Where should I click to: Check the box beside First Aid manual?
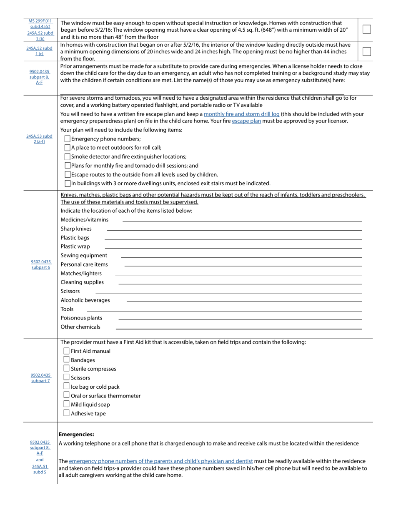(66, 351)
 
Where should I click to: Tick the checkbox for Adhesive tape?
(66, 413)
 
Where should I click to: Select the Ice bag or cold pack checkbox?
(66, 386)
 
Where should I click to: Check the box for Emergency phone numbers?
(68, 139)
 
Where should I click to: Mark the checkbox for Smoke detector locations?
(68, 157)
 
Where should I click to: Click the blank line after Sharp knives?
(234, 230)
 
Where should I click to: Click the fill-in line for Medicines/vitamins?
(242, 221)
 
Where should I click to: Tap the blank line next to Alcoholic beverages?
(244, 301)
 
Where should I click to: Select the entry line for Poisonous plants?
(240, 319)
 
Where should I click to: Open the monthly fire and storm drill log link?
(241, 114)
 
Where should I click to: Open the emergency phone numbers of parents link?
(160, 461)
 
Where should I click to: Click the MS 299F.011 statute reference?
(40, 21)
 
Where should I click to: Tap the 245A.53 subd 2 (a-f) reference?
(39, 139)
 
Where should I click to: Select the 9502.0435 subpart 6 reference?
(41, 264)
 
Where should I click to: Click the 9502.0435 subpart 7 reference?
(40, 378)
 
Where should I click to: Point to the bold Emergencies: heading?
(76, 434)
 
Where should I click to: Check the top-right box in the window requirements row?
(366, 29)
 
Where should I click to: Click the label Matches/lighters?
(81, 274)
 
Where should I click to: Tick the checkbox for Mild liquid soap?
(66, 404)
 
